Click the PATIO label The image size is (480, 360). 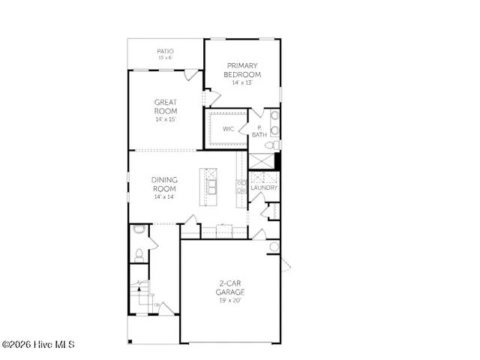[x=166, y=51]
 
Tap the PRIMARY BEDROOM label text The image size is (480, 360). [x=242, y=70]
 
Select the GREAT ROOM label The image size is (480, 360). [x=166, y=106]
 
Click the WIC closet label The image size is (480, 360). [x=229, y=129]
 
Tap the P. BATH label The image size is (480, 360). [x=259, y=131]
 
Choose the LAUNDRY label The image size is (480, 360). [x=264, y=187]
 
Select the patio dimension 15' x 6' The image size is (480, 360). [x=166, y=58]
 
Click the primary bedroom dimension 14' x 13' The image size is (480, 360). [x=242, y=82]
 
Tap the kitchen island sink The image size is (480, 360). [x=212, y=184]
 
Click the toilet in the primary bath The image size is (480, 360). [x=275, y=143]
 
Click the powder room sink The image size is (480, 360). [x=138, y=231]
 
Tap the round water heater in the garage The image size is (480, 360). [x=274, y=247]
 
